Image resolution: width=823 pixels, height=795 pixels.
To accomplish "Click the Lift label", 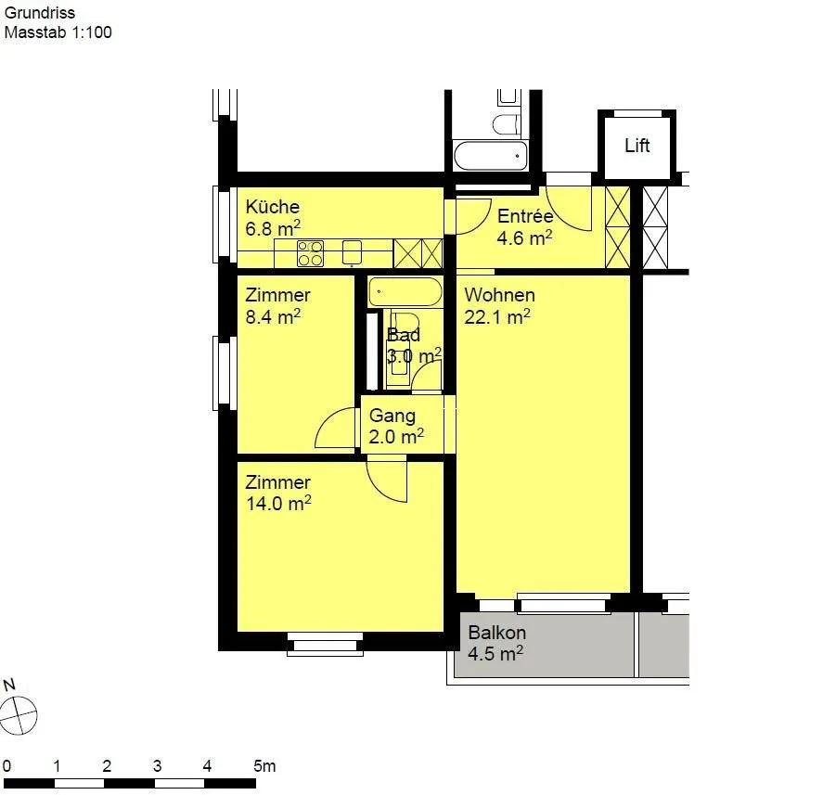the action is coord(637,146).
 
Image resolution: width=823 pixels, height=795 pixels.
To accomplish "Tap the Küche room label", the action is coord(273,206).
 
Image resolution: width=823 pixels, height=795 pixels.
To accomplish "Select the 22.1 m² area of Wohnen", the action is coord(497,316).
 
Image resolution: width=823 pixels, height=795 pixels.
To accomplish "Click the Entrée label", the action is coord(525,215).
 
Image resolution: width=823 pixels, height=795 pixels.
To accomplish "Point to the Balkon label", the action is coord(496,633).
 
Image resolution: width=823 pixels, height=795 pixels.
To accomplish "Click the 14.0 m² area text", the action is coord(278,503).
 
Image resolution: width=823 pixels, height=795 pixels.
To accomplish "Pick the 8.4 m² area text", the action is coord(273,316).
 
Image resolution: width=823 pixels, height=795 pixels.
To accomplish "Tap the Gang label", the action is coord(392,416).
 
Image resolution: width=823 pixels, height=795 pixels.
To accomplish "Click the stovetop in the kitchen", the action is coord(310,253).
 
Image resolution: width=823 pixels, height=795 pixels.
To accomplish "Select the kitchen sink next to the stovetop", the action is coord(353,252).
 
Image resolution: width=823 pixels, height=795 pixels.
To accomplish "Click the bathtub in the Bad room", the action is coord(405,292).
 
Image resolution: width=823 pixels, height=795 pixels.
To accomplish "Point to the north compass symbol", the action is coord(19,715).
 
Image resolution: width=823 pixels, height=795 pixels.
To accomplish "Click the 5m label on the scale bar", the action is coord(264,766).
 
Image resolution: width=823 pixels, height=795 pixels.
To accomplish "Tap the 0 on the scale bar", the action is coord(6,766).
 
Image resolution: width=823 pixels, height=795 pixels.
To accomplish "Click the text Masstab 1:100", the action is coord(58,32).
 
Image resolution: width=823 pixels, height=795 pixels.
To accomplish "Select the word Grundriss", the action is coord(39,13).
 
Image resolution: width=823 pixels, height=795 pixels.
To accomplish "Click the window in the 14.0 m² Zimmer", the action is coord(325,644).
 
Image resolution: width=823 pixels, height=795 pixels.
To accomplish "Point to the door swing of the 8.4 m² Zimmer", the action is coord(334,429).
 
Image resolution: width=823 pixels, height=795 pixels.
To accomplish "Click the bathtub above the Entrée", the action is coord(490,155).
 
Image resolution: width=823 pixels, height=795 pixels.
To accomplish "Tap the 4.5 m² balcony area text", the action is coord(495,654).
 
